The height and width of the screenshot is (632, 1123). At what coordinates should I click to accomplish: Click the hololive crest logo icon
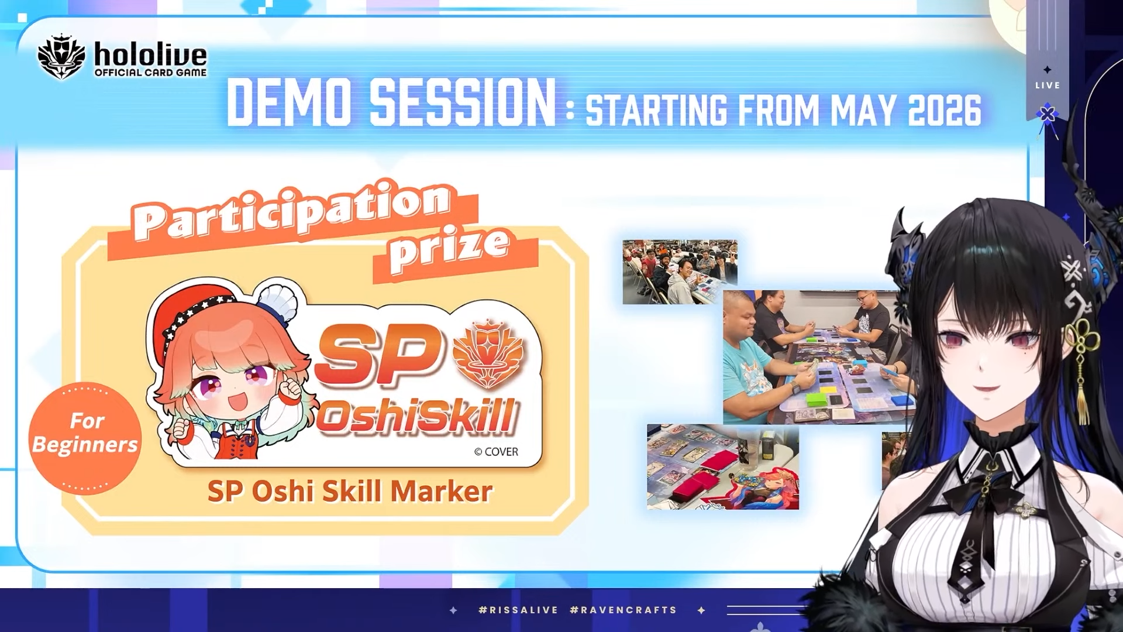(61, 57)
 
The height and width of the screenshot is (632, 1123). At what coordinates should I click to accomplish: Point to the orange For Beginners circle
(85, 438)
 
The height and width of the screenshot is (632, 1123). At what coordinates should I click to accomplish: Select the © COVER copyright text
(496, 452)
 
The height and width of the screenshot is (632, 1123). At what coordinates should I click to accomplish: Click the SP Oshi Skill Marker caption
(350, 491)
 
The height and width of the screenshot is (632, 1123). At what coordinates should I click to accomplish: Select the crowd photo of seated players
(680, 272)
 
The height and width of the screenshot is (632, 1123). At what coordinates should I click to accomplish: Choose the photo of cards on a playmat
(723, 466)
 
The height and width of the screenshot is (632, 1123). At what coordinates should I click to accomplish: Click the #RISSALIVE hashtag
(518, 610)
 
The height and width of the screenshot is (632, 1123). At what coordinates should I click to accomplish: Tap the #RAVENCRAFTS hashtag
(623, 610)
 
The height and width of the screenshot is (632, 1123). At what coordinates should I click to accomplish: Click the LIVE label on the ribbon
(1048, 85)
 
